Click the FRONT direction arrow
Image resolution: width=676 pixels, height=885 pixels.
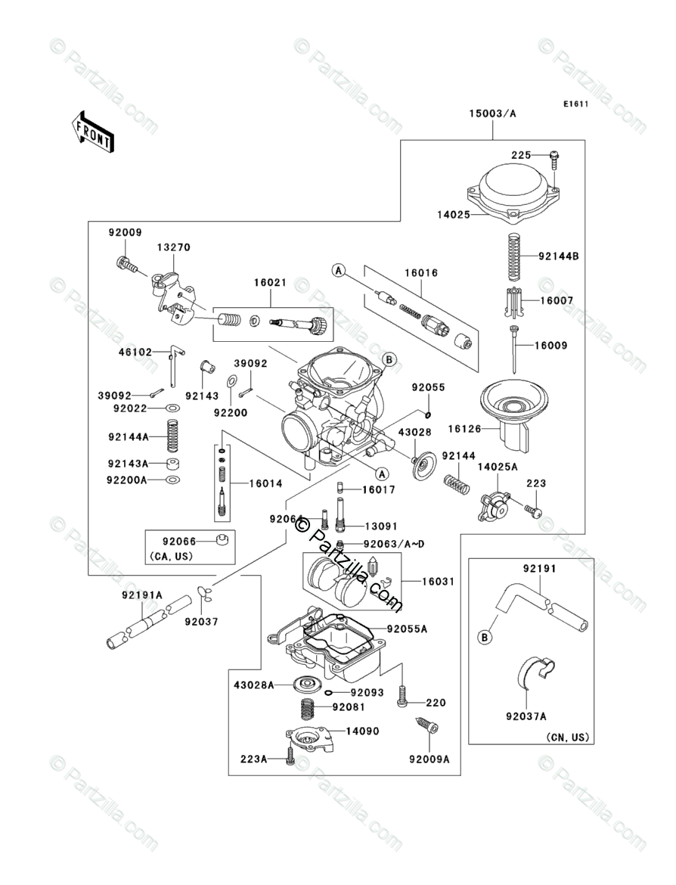[93, 130]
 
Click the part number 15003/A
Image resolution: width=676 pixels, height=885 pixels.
[492, 113]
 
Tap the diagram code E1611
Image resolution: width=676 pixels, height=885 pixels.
[575, 103]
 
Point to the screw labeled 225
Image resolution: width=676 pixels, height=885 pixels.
[555, 157]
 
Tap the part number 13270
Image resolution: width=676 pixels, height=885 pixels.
[174, 247]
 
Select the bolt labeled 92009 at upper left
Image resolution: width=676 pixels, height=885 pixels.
[126, 265]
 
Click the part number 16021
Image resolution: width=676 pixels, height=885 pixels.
[270, 282]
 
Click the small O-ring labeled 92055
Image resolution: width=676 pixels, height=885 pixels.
[428, 414]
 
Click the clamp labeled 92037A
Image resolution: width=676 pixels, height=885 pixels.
[535, 671]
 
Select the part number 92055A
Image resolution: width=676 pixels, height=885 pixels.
[408, 628]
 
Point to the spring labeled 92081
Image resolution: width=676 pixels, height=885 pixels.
[309, 709]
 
